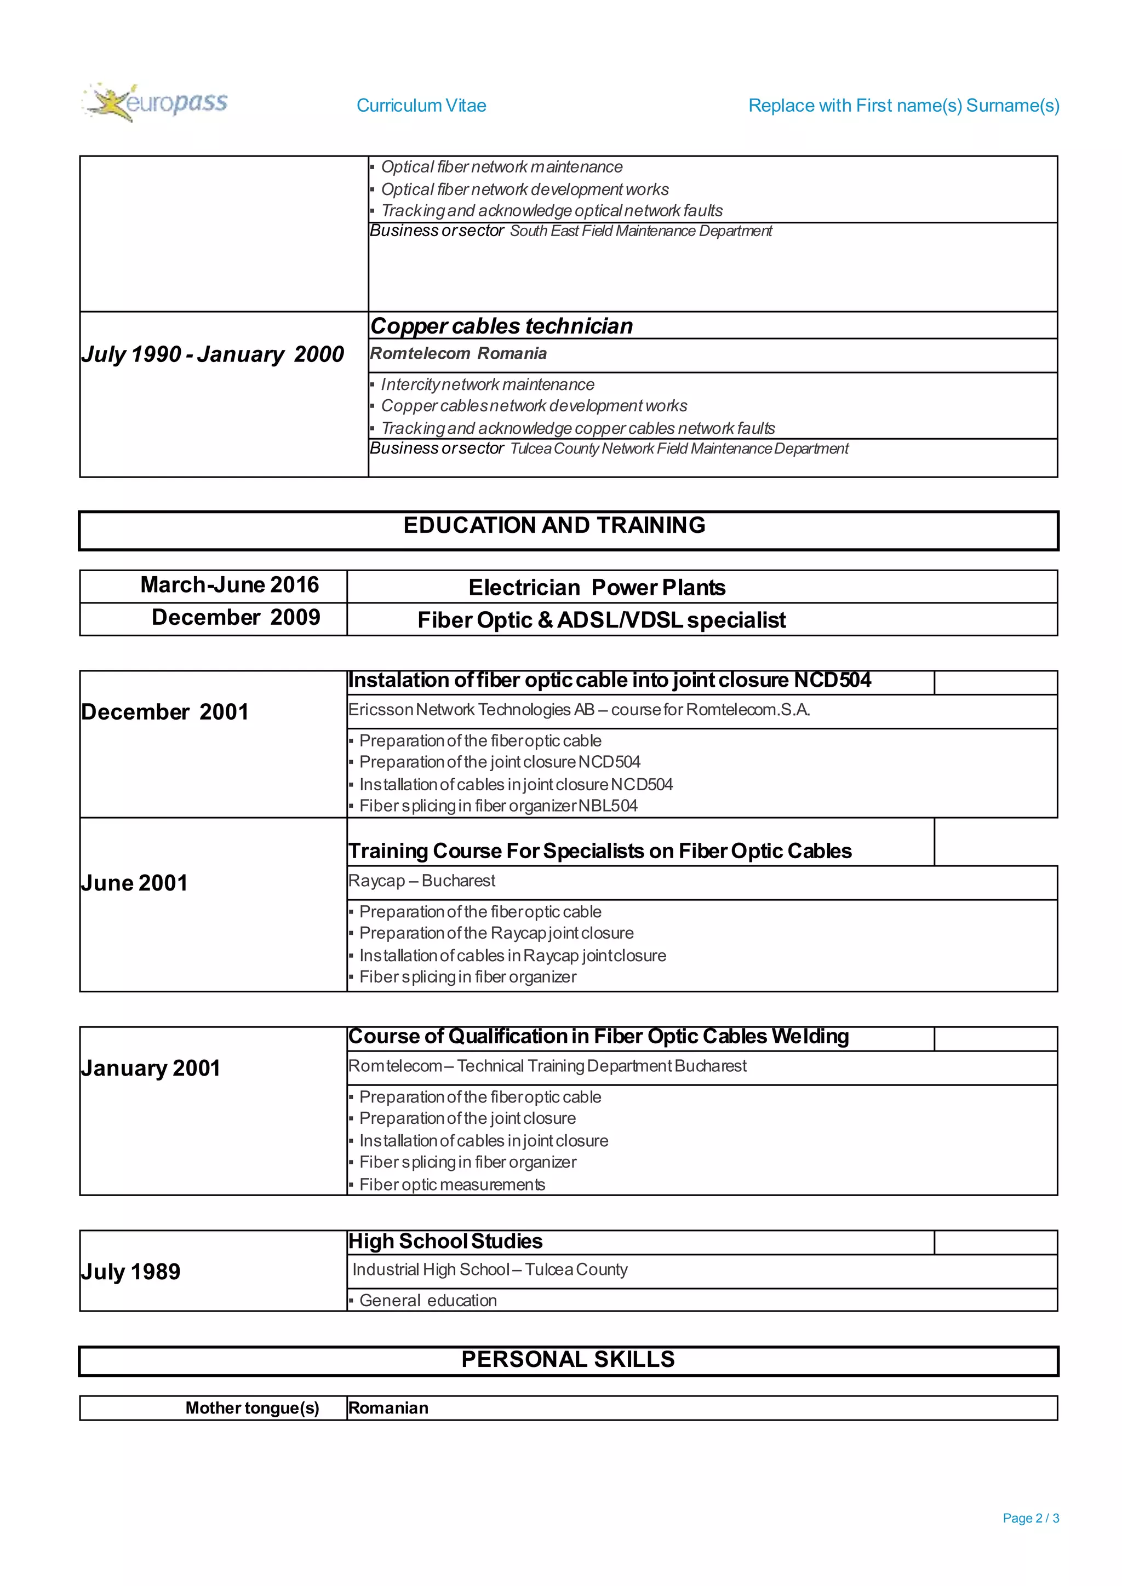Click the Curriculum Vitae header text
(421, 106)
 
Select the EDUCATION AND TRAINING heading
(554, 526)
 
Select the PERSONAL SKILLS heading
(568, 1359)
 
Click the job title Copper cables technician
(502, 326)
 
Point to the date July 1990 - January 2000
(212, 354)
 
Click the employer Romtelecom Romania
(458, 354)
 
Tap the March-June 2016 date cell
(230, 585)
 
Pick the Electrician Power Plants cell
(597, 588)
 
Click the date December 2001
(164, 712)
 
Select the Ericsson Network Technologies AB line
(579, 710)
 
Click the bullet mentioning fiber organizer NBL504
(497, 806)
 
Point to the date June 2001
(134, 883)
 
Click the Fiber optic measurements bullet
(452, 1185)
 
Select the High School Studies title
(445, 1242)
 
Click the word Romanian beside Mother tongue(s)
(388, 1408)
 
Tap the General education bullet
(428, 1301)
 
